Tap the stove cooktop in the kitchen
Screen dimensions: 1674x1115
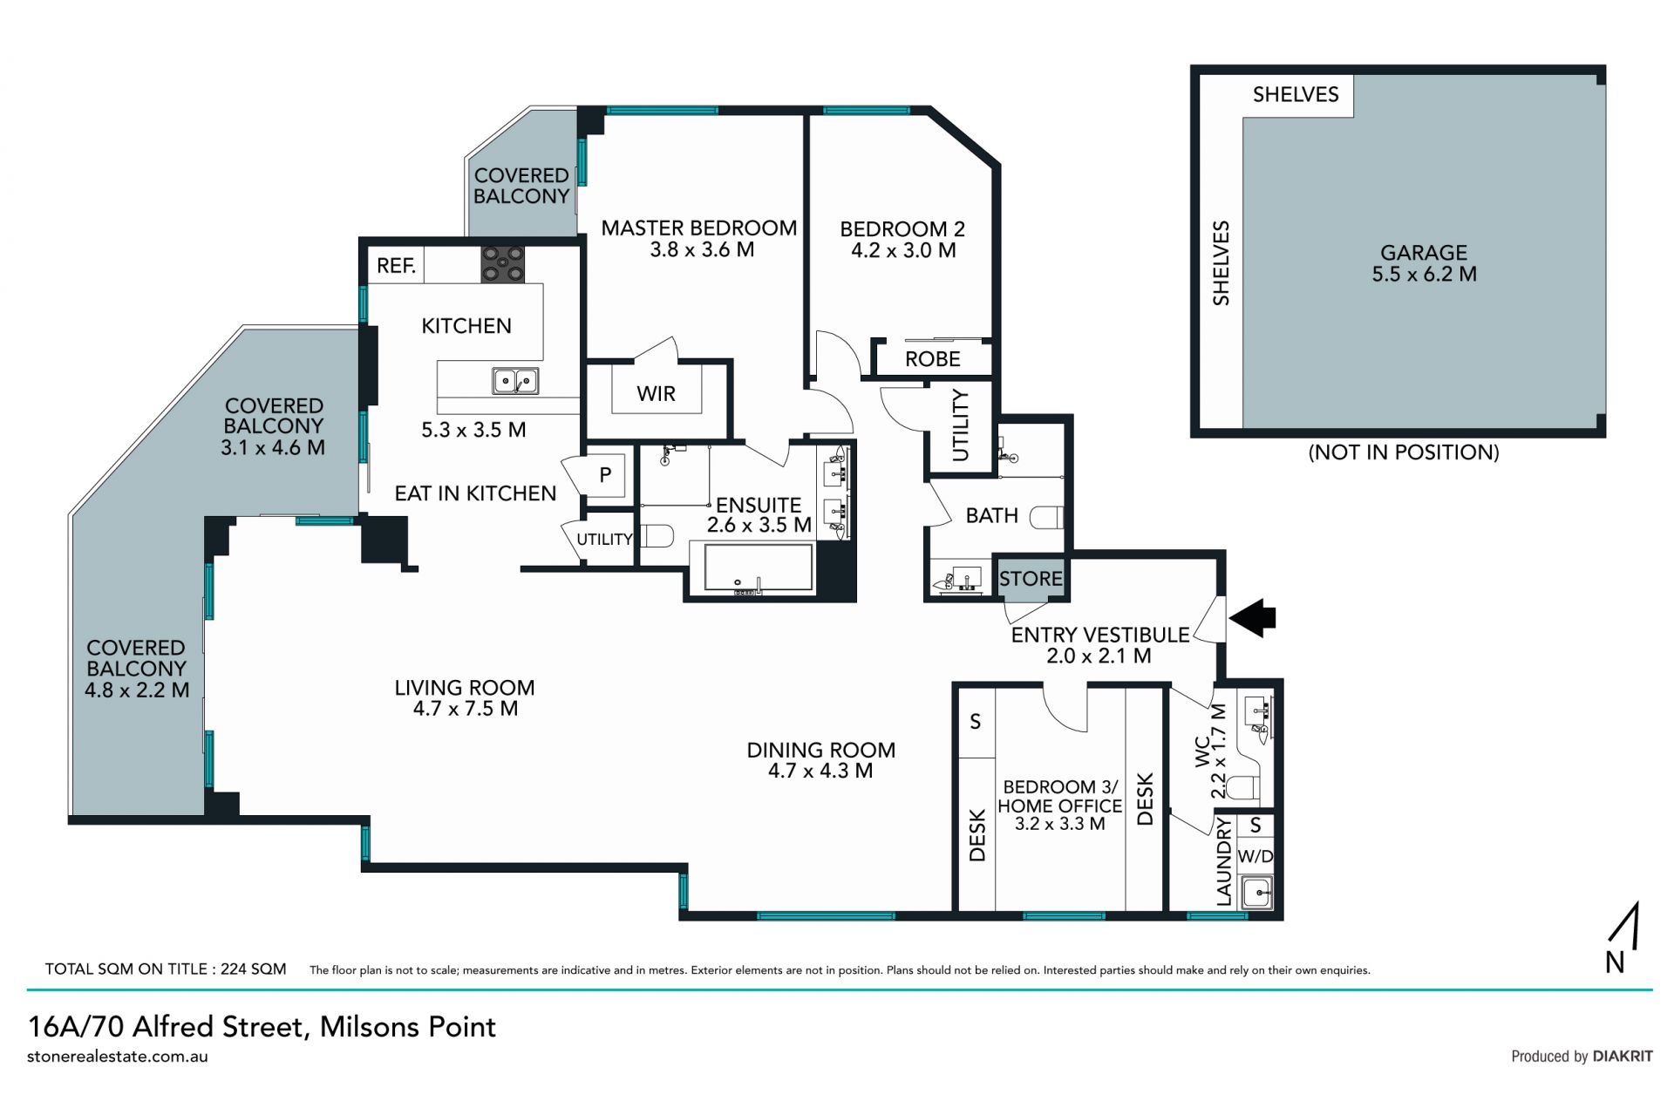coord(503,264)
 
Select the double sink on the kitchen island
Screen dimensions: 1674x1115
coord(515,381)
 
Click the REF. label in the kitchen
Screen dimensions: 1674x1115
coord(396,266)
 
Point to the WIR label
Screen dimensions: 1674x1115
coord(656,394)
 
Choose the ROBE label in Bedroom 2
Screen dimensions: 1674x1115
coord(932,359)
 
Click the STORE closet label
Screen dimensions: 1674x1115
coord(1031,578)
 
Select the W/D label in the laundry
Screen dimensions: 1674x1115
coord(1255,856)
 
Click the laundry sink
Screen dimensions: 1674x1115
coord(1256,893)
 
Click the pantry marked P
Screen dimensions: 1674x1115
coord(604,475)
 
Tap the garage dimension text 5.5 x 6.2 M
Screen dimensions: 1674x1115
coord(1424,274)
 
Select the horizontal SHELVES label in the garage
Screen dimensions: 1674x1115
coord(1296,94)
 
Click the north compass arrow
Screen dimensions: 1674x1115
coord(1627,926)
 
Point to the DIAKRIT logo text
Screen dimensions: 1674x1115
coord(1623,1056)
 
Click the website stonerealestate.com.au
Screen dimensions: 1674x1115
coord(118,1057)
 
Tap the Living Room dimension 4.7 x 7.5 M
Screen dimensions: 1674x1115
coord(465,709)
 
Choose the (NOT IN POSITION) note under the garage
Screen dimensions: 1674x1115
coord(1404,452)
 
